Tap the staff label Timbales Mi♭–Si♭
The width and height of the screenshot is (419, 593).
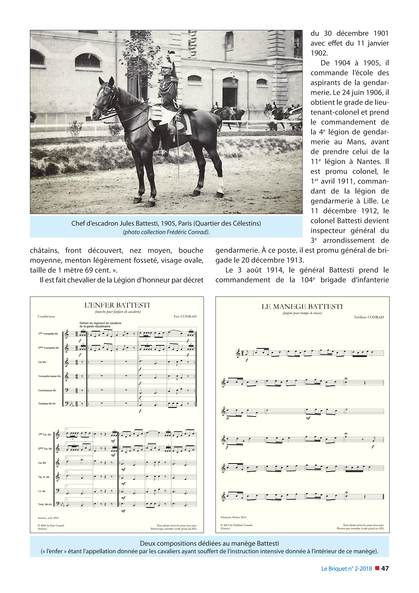(x=47, y=404)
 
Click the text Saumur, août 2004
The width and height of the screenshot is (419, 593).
(x=48, y=518)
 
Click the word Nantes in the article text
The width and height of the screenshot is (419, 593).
(x=369, y=162)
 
